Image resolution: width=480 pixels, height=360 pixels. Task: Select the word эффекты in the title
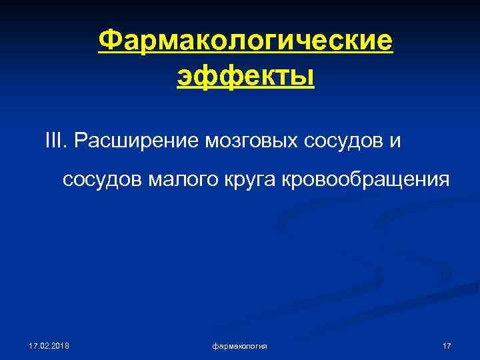(245, 77)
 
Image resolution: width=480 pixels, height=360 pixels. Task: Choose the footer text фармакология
(240, 345)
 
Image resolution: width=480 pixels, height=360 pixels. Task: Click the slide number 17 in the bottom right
(447, 345)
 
